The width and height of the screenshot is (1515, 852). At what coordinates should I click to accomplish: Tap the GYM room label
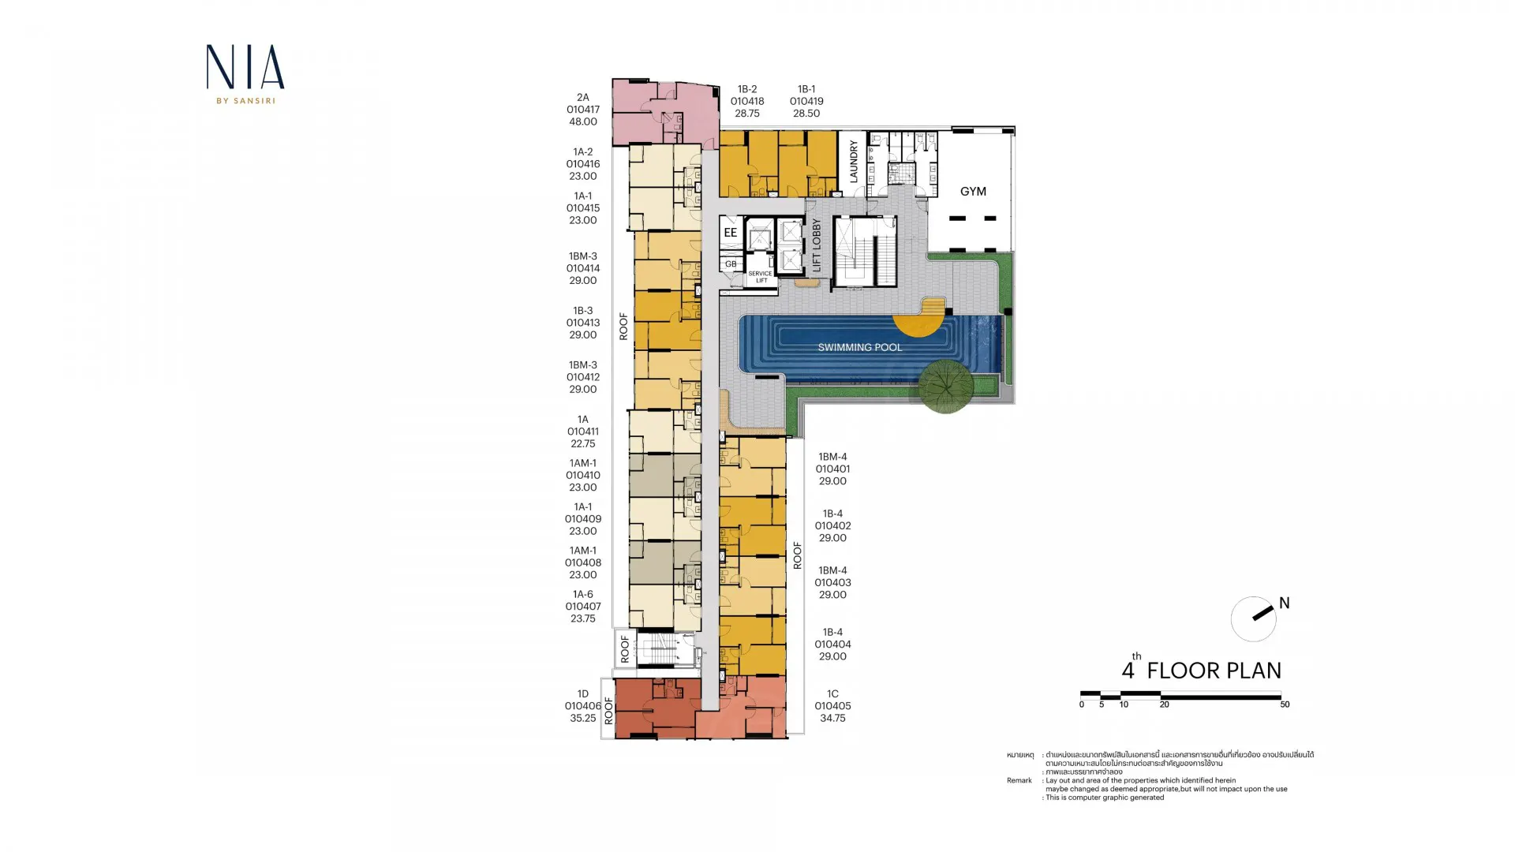[973, 192]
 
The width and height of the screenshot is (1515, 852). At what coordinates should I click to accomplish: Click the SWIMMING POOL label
[860, 347]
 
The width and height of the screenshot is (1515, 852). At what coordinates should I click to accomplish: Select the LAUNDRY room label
[854, 162]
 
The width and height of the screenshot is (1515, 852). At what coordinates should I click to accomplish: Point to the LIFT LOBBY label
[817, 245]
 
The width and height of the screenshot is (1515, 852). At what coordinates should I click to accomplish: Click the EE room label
[731, 233]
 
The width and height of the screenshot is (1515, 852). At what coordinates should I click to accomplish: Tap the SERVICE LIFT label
[761, 277]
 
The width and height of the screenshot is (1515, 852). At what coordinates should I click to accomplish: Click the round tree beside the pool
[946, 387]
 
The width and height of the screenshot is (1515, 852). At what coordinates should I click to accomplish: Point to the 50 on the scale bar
[1285, 704]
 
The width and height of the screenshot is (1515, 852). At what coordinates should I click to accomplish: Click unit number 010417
[583, 110]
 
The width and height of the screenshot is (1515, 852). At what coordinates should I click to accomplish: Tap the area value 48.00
[583, 121]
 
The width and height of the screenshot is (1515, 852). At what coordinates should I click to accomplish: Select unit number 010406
[583, 706]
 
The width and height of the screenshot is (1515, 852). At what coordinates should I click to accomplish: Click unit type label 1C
[832, 694]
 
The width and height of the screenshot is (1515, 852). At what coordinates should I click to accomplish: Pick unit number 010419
[806, 101]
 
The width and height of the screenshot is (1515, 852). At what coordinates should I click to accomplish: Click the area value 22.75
[583, 443]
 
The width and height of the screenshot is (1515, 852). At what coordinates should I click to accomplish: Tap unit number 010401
[832, 469]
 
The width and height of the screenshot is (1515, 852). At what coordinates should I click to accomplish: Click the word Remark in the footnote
[1019, 780]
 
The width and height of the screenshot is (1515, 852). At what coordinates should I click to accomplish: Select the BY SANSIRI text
[245, 100]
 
